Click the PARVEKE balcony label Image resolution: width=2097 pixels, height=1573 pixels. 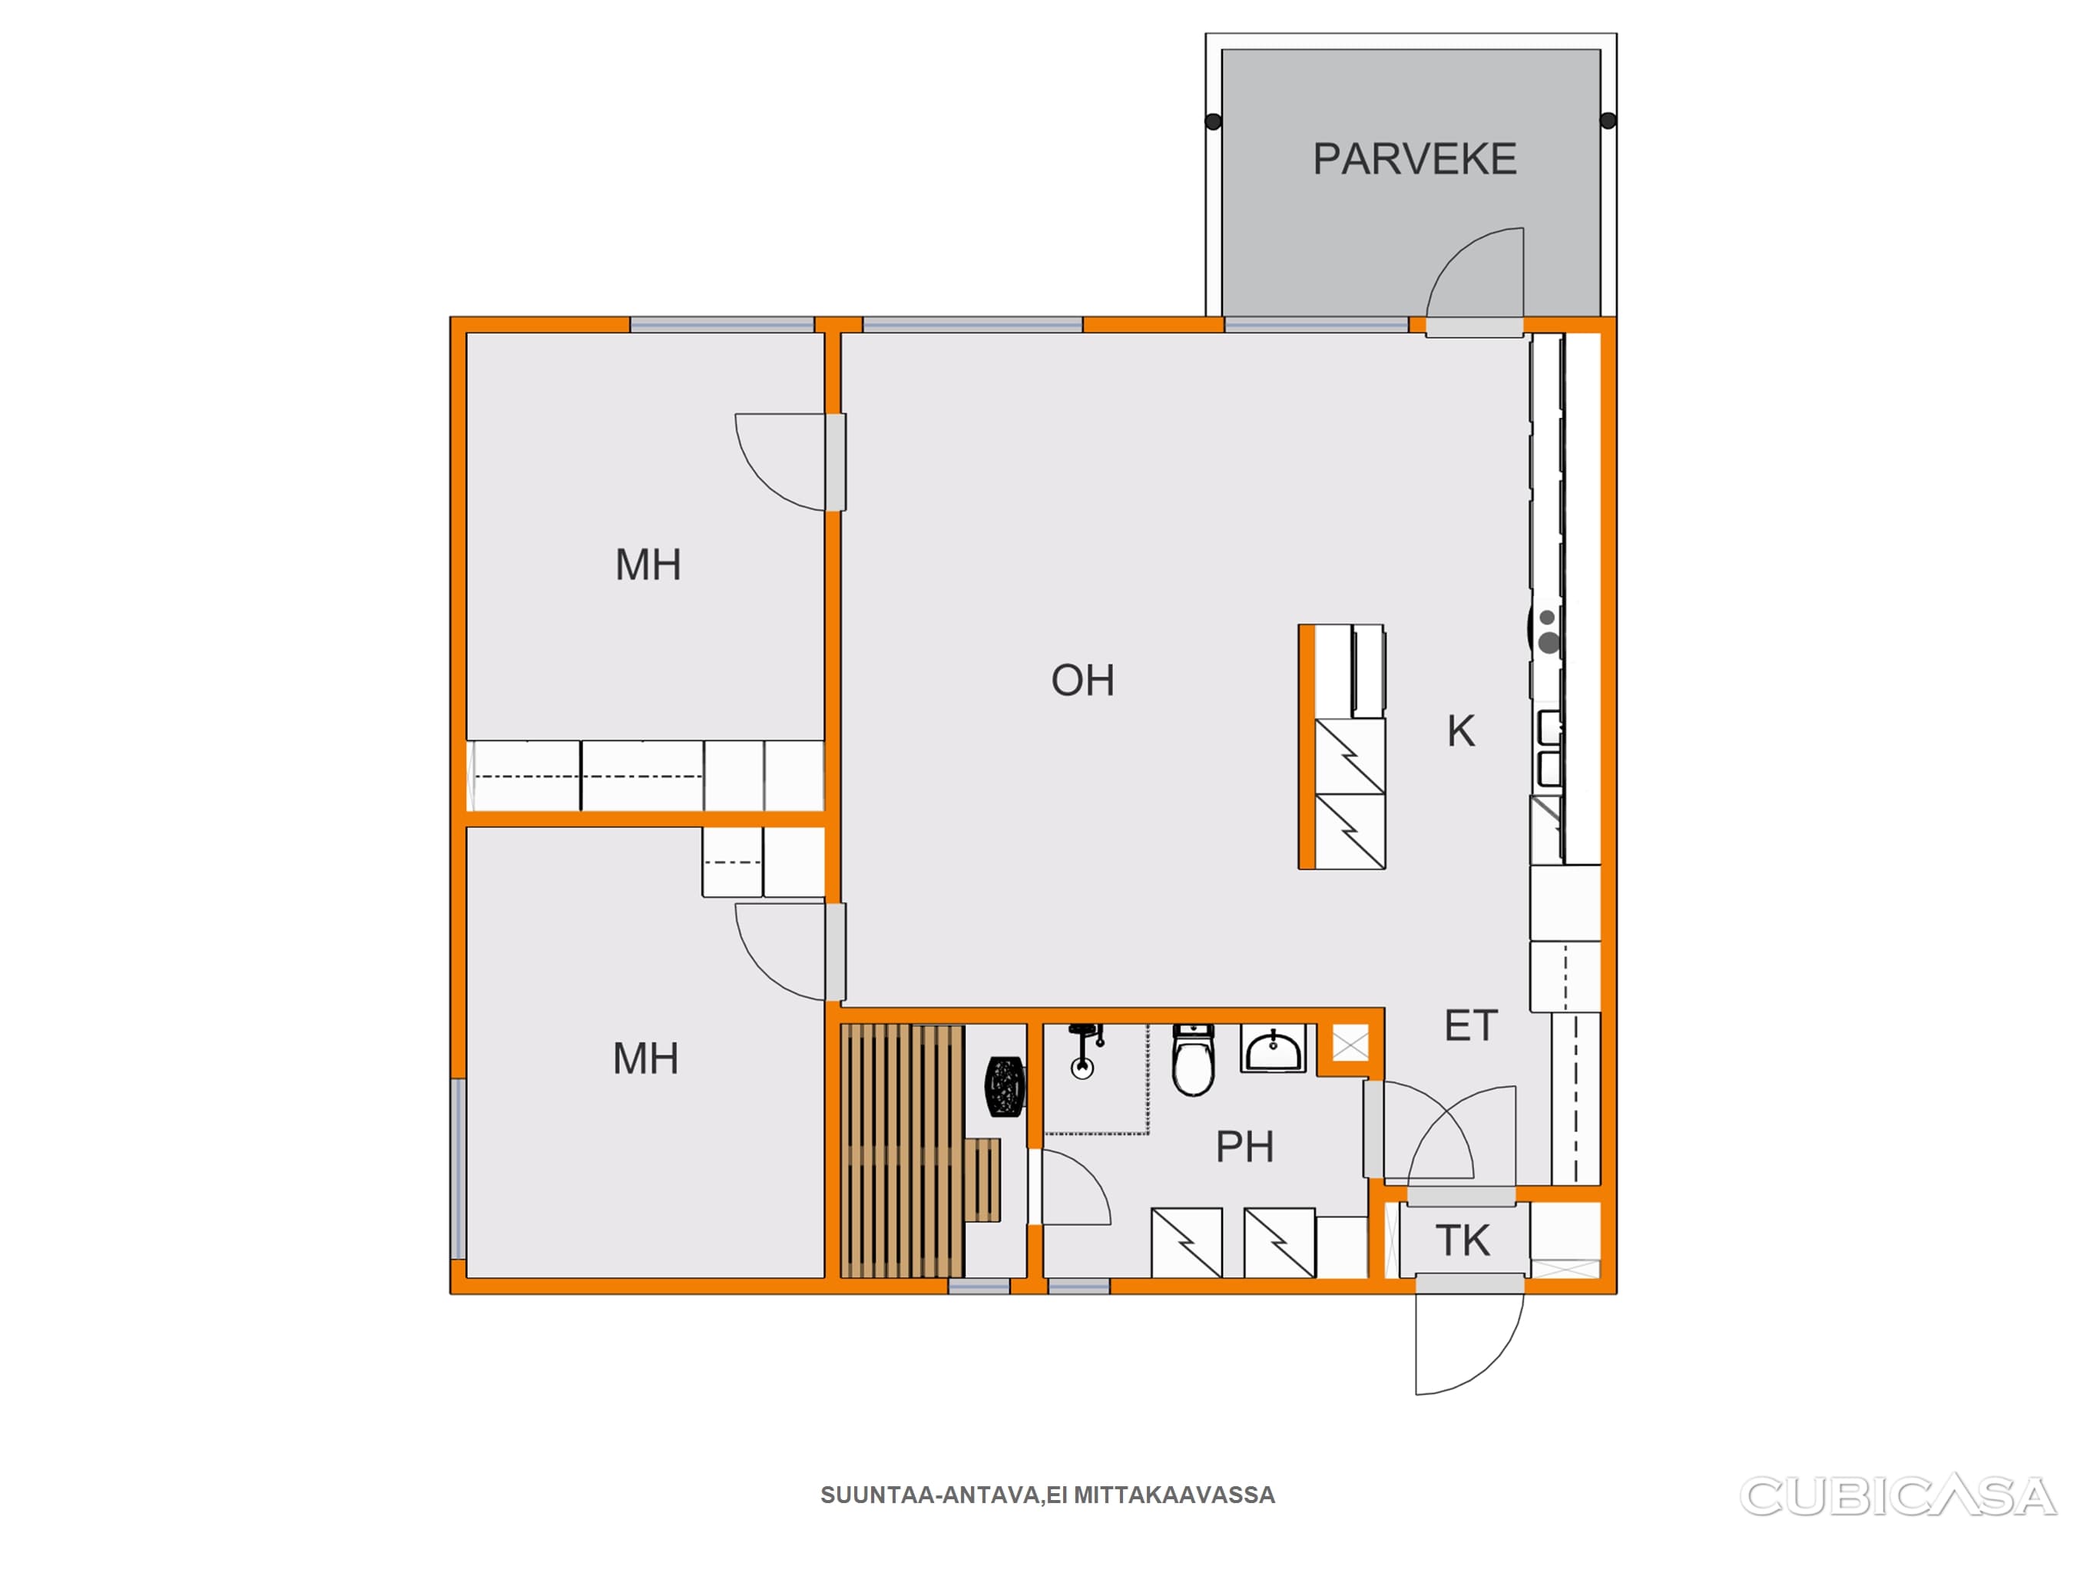click(x=1414, y=159)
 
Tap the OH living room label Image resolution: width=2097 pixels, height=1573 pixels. click(x=1082, y=681)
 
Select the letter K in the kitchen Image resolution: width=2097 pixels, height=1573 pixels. click(x=1461, y=731)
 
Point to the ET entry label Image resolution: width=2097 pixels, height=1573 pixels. click(x=1470, y=1026)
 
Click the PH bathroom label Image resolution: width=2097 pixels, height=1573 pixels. click(x=1244, y=1147)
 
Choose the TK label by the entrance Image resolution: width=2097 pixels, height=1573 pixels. click(x=1463, y=1241)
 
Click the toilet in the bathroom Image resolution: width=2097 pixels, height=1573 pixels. click(x=1194, y=1059)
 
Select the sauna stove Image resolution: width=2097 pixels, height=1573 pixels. click(x=1005, y=1085)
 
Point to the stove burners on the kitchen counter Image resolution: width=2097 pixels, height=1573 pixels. click(x=1547, y=632)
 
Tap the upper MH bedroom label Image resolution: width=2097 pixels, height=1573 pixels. click(x=648, y=565)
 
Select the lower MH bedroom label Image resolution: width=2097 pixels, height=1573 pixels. click(x=645, y=1059)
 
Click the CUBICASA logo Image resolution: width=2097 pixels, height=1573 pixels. click(x=1897, y=1495)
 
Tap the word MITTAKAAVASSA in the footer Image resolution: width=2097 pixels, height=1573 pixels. click(x=1174, y=1495)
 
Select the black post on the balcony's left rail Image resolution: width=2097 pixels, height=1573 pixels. click(x=1214, y=121)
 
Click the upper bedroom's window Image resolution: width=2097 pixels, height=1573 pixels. click(x=722, y=324)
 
